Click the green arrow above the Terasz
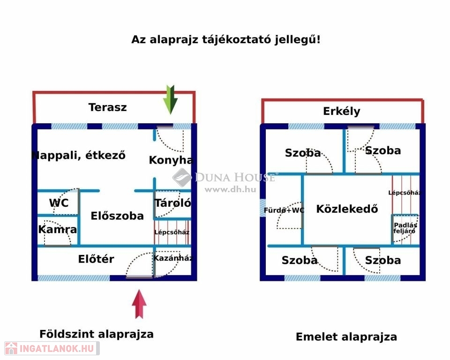tap(171, 99)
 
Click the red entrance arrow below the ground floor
tap(139, 304)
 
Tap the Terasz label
tap(108, 107)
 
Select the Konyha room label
tap(171, 160)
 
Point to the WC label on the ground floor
tap(59, 203)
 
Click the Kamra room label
tap(58, 230)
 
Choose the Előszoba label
tap(117, 216)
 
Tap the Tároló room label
tap(172, 203)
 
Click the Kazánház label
tap(173, 258)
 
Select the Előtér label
tap(96, 259)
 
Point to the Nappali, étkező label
tap(79, 155)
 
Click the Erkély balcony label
tap(342, 112)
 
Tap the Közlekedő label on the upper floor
tap(347, 209)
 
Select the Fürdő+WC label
tap(284, 210)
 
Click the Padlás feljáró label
tap(405, 227)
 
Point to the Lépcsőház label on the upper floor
tap(405, 193)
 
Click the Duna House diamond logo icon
tap(182, 178)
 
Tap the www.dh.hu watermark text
tap(230, 189)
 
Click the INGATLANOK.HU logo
tap(51, 348)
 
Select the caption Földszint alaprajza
tap(97, 334)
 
